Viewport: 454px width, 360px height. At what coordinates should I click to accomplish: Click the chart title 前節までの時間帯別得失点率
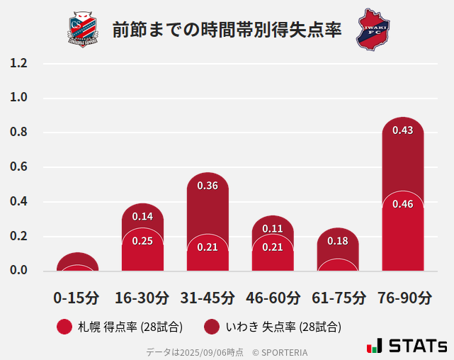point(227,30)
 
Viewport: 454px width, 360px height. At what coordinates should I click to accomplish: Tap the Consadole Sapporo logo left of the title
point(84,29)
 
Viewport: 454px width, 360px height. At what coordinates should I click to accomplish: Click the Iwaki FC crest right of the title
point(373,29)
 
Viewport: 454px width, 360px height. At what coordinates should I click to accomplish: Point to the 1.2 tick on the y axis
point(19,64)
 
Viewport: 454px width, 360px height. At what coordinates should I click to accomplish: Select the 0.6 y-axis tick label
point(19,167)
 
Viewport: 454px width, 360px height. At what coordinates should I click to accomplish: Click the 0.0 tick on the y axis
point(19,271)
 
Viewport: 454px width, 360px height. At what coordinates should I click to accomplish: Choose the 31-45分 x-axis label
point(208,298)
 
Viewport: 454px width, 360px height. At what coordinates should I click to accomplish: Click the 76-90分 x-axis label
point(403,298)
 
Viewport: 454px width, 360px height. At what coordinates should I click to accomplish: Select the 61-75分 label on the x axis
point(338,298)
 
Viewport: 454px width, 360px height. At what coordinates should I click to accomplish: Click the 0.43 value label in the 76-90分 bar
point(403,130)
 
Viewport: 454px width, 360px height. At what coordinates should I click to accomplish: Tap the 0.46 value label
point(403,204)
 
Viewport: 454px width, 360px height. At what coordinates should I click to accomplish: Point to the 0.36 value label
point(208,186)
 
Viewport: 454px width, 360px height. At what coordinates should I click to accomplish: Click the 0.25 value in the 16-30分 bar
point(142,241)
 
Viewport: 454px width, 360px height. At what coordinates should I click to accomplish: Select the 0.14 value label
point(142,216)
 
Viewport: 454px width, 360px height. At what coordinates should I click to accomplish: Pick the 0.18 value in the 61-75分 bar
point(338,241)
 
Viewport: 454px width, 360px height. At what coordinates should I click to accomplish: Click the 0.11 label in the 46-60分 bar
point(273,229)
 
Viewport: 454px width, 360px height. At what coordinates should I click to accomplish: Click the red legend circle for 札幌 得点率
point(64,327)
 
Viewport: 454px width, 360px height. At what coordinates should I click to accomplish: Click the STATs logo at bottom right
point(407,346)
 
